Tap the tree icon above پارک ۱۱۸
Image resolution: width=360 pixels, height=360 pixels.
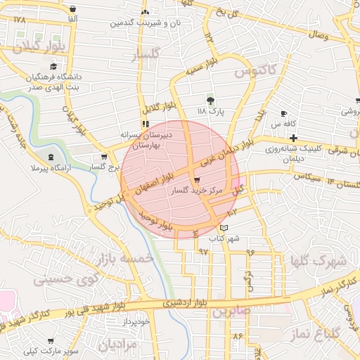coord(209,101)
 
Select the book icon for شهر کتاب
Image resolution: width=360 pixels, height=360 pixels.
coord(224,228)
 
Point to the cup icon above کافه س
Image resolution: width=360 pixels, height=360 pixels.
coord(283,113)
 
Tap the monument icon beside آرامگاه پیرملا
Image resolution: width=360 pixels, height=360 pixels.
coord(51,157)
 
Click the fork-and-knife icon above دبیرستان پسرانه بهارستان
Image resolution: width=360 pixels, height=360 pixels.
coord(146,124)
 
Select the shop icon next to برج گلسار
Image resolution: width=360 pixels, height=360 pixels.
coord(104,157)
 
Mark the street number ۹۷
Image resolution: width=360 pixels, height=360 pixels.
coord(203,251)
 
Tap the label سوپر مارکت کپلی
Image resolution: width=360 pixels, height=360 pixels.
coord(41,350)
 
